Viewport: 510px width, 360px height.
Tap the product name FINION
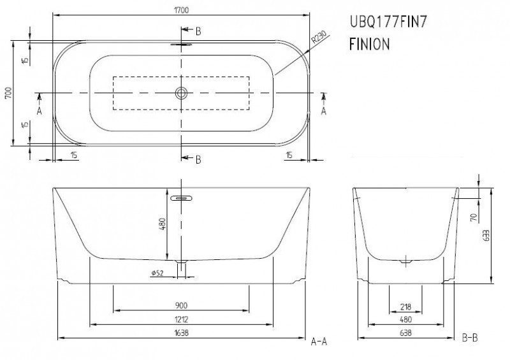pos(368,45)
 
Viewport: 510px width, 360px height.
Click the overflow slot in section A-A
pos(182,198)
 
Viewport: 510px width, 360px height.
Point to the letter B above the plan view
pos(198,31)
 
